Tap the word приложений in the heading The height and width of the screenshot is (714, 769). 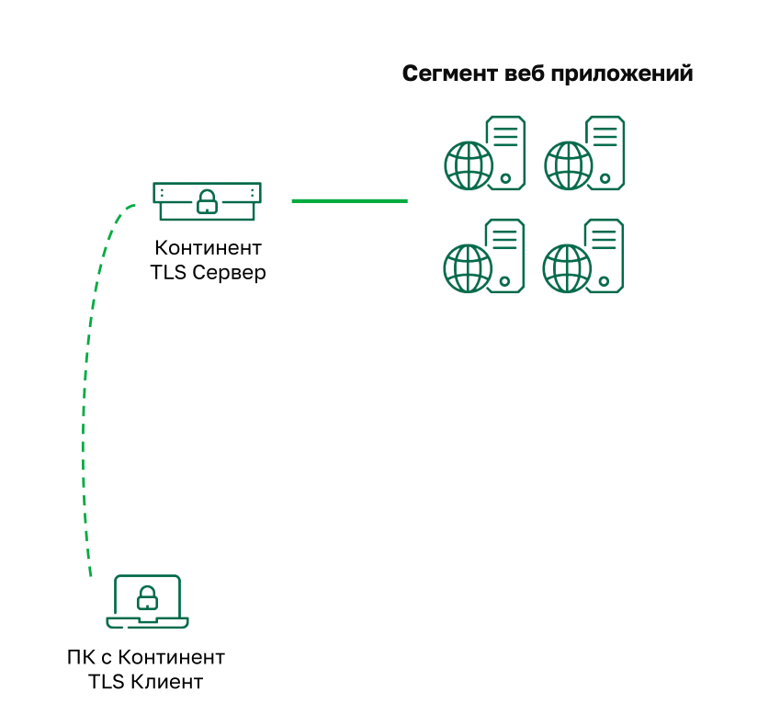coord(621,74)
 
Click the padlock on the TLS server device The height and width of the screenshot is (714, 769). coord(207,200)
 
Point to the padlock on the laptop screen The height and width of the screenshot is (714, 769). coord(147,599)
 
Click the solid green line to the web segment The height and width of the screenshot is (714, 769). coord(349,200)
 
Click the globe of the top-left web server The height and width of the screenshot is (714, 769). coord(468,164)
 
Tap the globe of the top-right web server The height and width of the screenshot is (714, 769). coord(568,164)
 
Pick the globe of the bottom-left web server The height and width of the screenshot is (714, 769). coord(468,267)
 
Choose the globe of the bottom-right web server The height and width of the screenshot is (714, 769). coord(568,267)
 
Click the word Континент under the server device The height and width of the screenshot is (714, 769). coord(209,249)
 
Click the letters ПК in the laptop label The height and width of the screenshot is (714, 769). coord(80,658)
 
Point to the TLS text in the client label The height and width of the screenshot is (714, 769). coord(107,682)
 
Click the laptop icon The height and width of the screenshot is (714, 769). coord(147,602)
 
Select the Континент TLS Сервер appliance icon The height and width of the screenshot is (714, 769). coord(207,200)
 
